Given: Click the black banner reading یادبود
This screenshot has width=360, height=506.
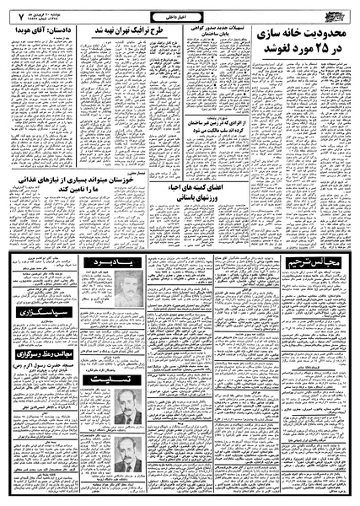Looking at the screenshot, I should [115, 268].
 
